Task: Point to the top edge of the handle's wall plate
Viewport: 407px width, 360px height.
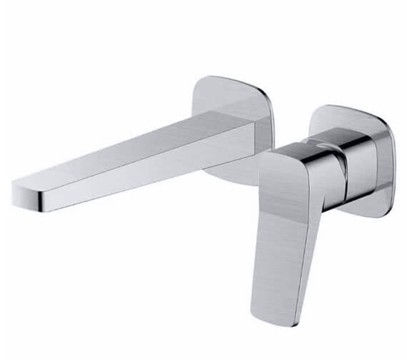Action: [x=350, y=109]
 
